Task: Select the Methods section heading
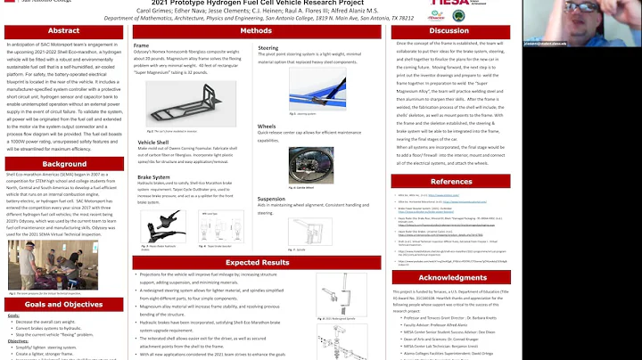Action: pyautogui.click(x=236, y=30)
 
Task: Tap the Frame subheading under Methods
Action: pyautogui.click(x=141, y=43)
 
